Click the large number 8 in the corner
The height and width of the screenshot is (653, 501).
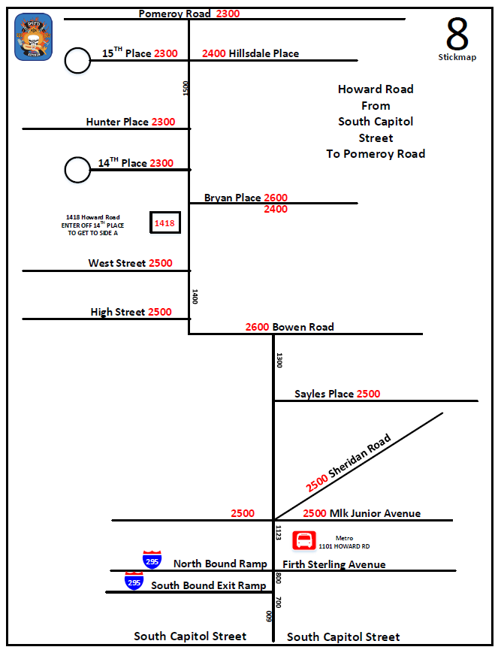tap(457, 33)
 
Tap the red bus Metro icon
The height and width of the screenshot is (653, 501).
tap(304, 542)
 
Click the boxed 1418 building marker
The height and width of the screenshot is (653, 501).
tap(164, 223)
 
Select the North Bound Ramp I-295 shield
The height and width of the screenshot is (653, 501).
tap(152, 560)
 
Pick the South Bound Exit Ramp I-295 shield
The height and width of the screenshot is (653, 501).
tap(134, 581)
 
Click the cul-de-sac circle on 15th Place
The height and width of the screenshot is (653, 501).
tap(77, 60)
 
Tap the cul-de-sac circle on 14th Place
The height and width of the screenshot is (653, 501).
tap(77, 170)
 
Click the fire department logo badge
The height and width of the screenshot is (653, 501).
tap(34, 37)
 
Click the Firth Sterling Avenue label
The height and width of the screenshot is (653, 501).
tap(333, 564)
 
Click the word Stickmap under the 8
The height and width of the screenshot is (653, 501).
tap(457, 57)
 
